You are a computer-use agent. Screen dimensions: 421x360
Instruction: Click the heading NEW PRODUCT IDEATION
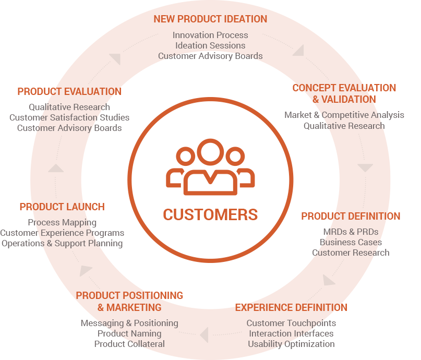[x=210, y=19]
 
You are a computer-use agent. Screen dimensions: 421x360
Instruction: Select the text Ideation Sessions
[x=210, y=45]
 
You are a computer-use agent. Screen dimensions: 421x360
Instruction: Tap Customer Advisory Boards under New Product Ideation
[x=210, y=56]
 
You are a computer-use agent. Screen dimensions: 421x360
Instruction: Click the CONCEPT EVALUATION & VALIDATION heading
[x=344, y=93]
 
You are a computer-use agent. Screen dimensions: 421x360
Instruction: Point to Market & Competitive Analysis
[x=344, y=115]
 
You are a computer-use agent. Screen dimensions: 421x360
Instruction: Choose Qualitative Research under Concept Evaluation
[x=344, y=126]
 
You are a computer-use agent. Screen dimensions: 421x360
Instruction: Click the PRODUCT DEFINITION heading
[x=351, y=216]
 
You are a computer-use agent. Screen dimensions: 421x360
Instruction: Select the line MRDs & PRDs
[x=351, y=232]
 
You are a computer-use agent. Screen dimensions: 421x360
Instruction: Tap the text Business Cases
[x=351, y=242]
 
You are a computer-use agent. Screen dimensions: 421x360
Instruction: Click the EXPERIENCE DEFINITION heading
[x=291, y=307]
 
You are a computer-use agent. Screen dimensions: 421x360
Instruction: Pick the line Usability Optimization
[x=291, y=344]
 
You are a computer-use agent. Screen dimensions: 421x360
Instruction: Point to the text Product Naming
[x=129, y=333]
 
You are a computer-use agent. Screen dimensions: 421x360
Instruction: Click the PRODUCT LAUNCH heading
[x=62, y=207]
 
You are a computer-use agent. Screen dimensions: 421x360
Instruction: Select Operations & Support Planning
[x=62, y=243]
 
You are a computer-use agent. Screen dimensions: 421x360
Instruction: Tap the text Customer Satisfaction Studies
[x=69, y=117]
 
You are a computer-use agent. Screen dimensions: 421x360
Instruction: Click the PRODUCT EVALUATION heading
[x=69, y=91]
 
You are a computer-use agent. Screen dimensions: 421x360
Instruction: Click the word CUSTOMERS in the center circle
[x=210, y=214]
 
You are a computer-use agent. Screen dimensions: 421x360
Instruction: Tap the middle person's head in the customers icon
[x=210, y=152]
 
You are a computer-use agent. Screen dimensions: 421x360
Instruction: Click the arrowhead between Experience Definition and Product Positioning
[x=205, y=335]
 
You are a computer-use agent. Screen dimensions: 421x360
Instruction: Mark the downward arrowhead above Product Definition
[x=365, y=168]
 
